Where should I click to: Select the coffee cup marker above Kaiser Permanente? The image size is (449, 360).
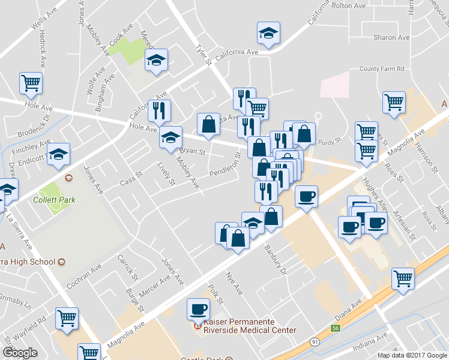[199, 310]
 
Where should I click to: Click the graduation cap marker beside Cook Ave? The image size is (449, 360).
[157, 60]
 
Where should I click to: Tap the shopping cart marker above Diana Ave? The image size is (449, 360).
[403, 278]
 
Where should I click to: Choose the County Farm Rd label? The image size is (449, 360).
[382, 69]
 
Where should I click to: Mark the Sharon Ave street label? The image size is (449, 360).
[391, 37]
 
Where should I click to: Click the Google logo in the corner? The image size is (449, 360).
[20, 353]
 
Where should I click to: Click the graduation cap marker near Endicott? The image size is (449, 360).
[59, 154]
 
